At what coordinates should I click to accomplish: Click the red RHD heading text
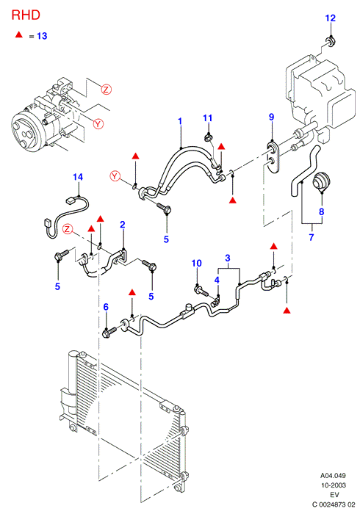pos(26,15)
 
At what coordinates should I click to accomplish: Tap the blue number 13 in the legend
pos(42,36)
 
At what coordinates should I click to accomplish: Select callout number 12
pos(331,18)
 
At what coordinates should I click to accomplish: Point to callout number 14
pos(78,177)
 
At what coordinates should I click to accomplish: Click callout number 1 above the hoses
pos(180,121)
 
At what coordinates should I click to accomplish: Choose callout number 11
pos(207,118)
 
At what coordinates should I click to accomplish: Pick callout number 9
pos(272,117)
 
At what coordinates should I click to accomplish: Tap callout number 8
pos(321,211)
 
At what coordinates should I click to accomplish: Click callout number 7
pos(312,237)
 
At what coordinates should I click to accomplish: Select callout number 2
pos(122,225)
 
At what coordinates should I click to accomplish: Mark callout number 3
pos(228,258)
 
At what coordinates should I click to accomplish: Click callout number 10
pos(196,263)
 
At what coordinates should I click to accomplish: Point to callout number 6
pos(106,307)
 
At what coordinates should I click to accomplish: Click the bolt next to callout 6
pos(109,332)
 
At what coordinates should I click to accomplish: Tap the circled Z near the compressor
pos(106,89)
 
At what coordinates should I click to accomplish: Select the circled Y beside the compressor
pos(98,124)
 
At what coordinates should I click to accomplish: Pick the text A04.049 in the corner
pos(333,475)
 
